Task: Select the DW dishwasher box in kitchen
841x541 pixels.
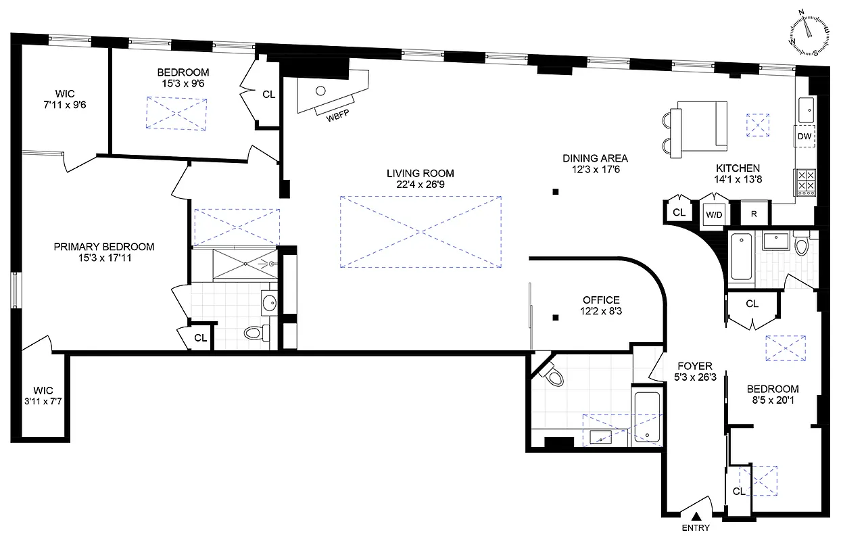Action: (804, 136)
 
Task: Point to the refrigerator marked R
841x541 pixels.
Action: (753, 214)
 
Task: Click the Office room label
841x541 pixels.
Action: (601, 300)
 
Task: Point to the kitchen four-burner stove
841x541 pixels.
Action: (805, 182)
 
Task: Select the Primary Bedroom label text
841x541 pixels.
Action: (103, 247)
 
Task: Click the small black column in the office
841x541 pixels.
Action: (555, 317)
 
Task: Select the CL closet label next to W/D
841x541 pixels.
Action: (679, 212)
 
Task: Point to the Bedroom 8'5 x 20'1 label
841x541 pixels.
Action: (773, 394)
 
